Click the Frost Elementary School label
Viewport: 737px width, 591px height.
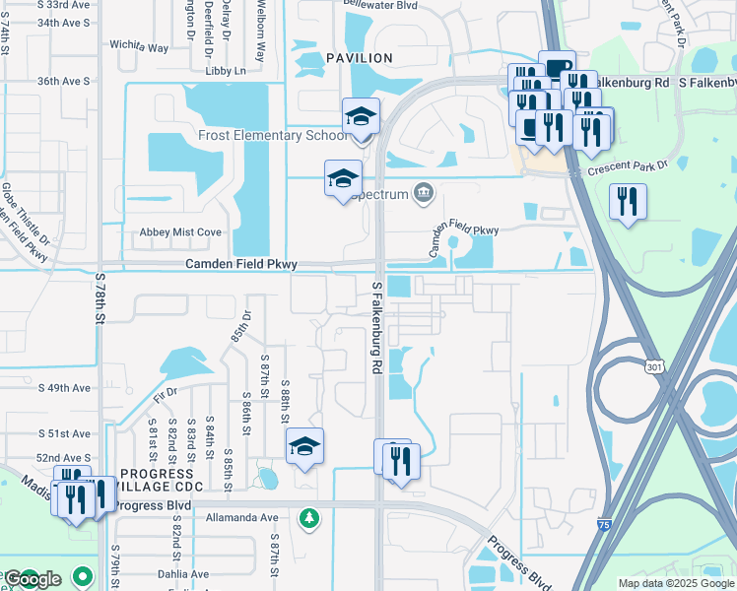272,135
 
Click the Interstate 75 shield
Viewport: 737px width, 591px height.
603,526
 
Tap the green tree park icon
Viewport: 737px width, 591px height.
309,517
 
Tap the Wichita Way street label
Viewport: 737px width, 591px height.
141,46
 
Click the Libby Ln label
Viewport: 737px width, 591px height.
226,71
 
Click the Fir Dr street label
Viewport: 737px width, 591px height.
166,393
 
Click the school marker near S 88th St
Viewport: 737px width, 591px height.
304,447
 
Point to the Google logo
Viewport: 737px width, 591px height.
33,579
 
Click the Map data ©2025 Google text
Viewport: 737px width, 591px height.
676,583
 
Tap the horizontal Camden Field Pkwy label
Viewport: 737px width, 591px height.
241,264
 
